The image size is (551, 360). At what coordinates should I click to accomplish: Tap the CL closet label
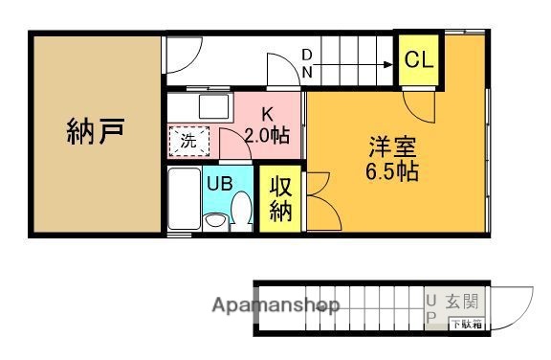(x=418, y=59)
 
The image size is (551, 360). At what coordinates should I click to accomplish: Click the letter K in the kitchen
(x=267, y=113)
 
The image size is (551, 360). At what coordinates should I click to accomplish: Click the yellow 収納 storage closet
(x=280, y=199)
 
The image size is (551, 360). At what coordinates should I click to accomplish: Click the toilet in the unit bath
(x=241, y=208)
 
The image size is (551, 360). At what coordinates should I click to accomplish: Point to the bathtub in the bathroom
(x=182, y=200)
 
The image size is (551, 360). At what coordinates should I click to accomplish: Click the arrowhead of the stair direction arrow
(x=389, y=64)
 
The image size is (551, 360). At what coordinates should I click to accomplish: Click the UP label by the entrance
(x=430, y=307)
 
